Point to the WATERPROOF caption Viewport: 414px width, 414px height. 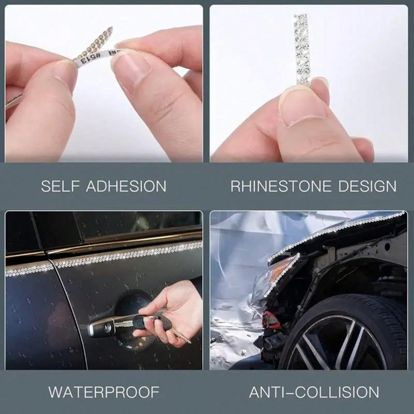click(103, 392)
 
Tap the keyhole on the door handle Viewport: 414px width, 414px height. click(107, 327)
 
